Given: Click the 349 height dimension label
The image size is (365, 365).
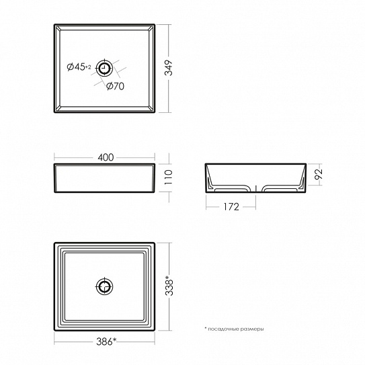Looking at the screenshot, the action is (x=169, y=68).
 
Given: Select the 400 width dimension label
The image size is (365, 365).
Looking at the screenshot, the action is (x=106, y=157).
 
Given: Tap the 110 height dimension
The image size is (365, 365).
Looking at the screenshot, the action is (x=169, y=177).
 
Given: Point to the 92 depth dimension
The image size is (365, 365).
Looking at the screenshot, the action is (x=319, y=174).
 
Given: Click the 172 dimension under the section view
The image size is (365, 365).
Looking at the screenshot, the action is (x=231, y=207).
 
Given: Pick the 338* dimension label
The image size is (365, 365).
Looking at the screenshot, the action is (x=169, y=286).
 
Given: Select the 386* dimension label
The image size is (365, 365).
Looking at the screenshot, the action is (x=106, y=341).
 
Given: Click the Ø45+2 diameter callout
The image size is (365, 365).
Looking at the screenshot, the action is (x=79, y=67).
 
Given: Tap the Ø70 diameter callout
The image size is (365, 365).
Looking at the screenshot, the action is (x=115, y=86).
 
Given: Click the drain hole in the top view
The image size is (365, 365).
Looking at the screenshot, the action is (x=104, y=69).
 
